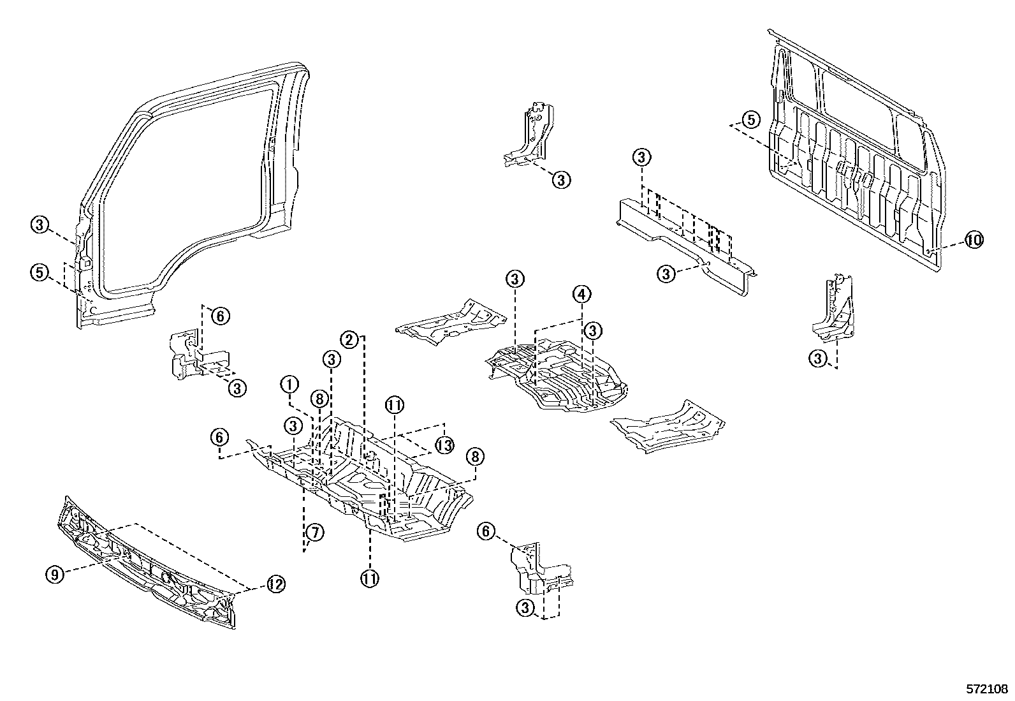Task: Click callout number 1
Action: point(289,385)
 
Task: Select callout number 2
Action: point(349,339)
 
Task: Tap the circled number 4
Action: point(581,295)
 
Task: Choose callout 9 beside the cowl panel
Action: point(55,574)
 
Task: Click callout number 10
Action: point(973,240)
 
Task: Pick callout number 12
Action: point(275,584)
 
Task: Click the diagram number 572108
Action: point(986,690)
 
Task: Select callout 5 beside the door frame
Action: point(40,272)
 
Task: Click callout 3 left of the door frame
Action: point(40,225)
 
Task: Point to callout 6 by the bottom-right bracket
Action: point(486,531)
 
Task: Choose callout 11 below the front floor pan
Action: point(370,579)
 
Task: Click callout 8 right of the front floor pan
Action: point(474,456)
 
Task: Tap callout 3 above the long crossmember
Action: point(641,157)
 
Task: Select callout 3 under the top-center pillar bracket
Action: point(560,180)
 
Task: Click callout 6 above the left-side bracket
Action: point(219,315)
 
